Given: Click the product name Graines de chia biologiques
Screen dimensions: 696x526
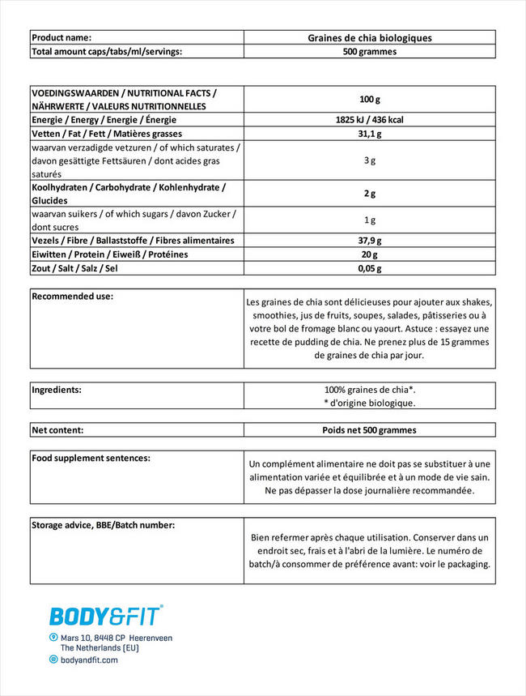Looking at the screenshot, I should click(369, 38).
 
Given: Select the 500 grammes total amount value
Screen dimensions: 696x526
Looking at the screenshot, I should click(369, 51).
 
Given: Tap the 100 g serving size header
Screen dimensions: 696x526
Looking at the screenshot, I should click(369, 100).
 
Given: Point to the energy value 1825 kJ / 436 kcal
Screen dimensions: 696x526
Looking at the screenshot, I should click(369, 120).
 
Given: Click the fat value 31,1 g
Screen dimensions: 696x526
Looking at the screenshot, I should click(369, 134).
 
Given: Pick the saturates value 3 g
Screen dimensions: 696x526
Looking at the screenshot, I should click(369, 160).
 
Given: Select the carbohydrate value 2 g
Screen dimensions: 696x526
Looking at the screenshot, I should click(369, 194).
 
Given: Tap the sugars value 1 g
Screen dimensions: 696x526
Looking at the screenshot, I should click(369, 220).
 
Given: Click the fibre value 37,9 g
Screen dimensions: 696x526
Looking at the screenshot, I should click(369, 241).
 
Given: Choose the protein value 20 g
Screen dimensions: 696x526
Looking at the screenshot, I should click(369, 254).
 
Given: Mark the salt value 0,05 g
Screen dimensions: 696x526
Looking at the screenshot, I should click(369, 268).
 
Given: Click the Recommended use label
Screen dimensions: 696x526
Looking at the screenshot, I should click(73, 297).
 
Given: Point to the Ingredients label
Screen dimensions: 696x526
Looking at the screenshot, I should click(57, 390).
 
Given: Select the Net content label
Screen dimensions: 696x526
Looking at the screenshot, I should click(57, 430).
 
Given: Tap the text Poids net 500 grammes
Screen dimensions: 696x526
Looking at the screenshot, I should click(369, 430).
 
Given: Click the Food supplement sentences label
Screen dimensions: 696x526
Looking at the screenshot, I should click(91, 459).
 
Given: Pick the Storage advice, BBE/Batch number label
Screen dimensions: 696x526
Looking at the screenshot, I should click(103, 525).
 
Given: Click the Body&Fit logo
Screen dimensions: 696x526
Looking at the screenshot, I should click(106, 616).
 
